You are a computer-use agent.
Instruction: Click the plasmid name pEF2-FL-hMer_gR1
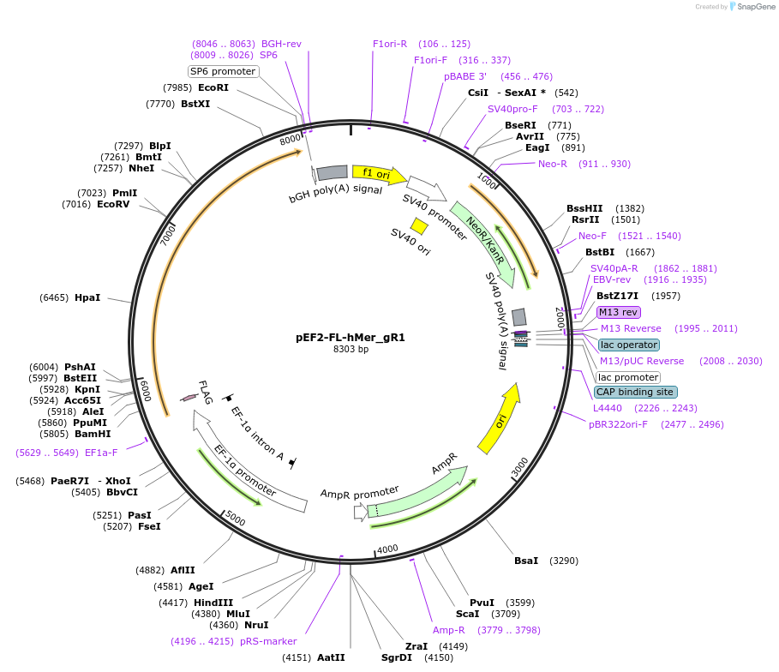pyautogui.click(x=350, y=337)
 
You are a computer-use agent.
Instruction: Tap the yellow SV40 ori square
pyautogui.click(x=419, y=225)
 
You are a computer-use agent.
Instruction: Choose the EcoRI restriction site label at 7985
pyautogui.click(x=213, y=87)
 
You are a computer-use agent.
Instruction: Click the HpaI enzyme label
pyautogui.click(x=87, y=297)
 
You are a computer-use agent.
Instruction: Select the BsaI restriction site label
pyautogui.click(x=525, y=561)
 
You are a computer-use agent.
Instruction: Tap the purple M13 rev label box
pyautogui.click(x=618, y=312)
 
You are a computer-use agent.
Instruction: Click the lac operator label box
pyautogui.click(x=629, y=345)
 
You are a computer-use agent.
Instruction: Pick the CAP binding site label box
pyautogui.click(x=634, y=392)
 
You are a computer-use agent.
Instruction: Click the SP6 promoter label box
pyautogui.click(x=223, y=71)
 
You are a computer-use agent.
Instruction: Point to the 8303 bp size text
pyautogui.click(x=351, y=349)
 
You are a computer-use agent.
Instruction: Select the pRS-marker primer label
pyautogui.click(x=268, y=640)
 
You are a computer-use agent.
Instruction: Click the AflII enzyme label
pyautogui.click(x=183, y=570)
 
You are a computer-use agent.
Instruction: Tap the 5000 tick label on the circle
pyautogui.click(x=236, y=518)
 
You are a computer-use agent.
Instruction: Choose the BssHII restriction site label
pyautogui.click(x=584, y=208)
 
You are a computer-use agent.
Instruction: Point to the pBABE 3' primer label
pyautogui.click(x=464, y=76)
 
